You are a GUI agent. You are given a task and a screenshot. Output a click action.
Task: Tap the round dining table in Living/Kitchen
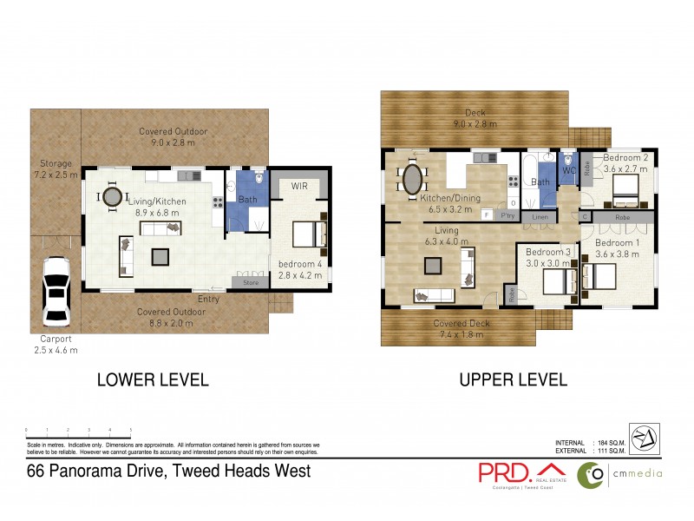pyautogui.click(x=112, y=197)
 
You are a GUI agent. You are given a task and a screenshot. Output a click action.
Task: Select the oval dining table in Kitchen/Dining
pyautogui.click(x=412, y=181)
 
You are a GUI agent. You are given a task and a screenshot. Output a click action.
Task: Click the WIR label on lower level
pyautogui.click(x=299, y=186)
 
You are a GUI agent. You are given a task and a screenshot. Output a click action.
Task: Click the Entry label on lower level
pyautogui.click(x=208, y=299)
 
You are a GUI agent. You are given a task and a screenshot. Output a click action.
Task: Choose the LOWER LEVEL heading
pyautogui.click(x=153, y=379)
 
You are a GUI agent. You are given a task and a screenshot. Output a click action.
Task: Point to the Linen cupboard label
pyautogui.click(x=540, y=215)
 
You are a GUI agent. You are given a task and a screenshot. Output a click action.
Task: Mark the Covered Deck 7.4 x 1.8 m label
pyautogui.click(x=462, y=328)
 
